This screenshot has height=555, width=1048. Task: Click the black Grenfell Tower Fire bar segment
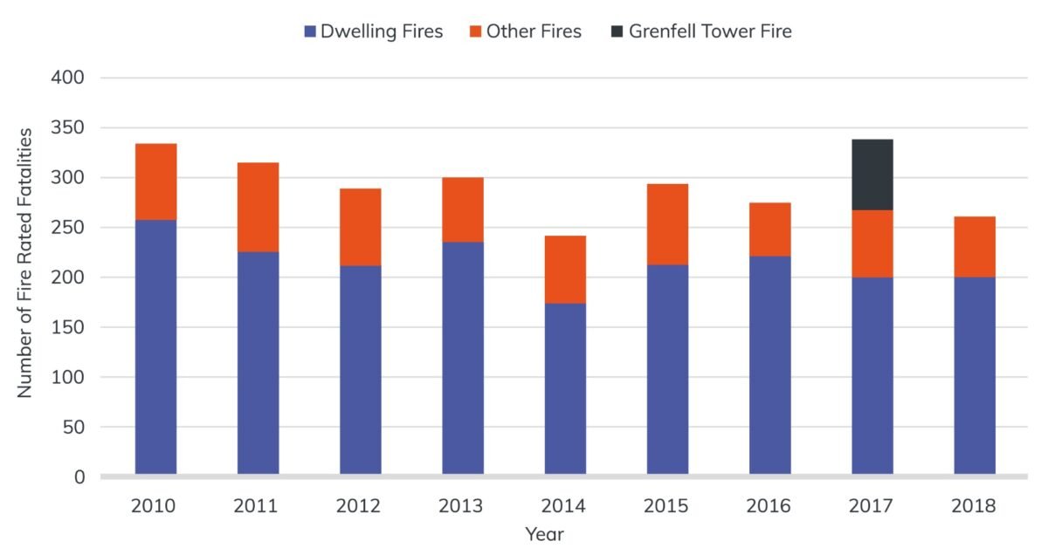872,175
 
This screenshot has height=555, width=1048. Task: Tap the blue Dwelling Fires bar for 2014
565,388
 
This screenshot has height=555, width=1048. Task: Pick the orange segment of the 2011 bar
258,207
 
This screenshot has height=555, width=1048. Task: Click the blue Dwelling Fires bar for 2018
974,375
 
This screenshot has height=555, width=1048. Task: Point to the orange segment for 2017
872,243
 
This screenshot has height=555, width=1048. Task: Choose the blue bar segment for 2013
463,358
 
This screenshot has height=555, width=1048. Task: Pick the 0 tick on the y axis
79,477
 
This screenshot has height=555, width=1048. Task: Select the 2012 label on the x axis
360,505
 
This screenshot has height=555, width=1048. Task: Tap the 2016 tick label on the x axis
769,505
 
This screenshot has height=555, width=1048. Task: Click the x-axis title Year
544,533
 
